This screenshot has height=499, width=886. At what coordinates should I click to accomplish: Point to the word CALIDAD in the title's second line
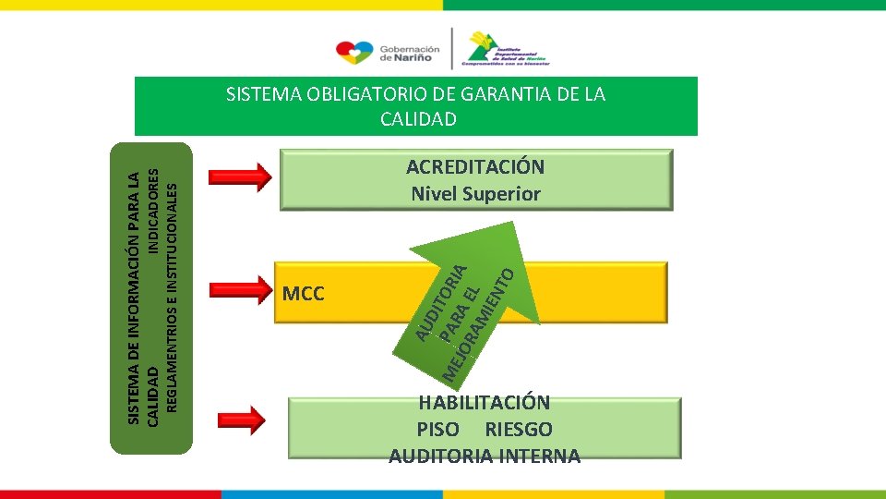pos(417,119)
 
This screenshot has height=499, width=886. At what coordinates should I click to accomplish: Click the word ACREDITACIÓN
pos(475,167)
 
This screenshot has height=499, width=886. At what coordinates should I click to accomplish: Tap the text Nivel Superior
pos(475,194)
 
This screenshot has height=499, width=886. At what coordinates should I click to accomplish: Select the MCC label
pos(304,295)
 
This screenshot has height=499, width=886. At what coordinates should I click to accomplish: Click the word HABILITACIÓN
pos(485,403)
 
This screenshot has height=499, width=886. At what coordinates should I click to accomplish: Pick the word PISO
pos(437,430)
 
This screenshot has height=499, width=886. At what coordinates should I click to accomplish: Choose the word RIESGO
pos(519,430)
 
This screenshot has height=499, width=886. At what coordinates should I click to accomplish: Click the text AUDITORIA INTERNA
pos(485,456)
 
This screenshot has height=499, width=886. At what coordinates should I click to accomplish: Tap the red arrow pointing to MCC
pos(237,290)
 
